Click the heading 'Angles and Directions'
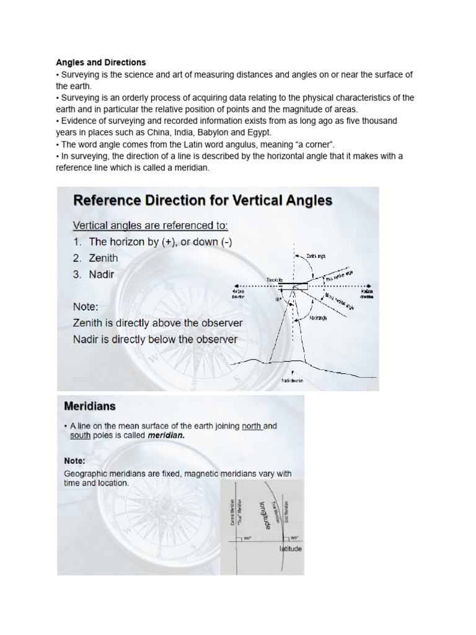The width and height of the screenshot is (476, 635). (x=101, y=63)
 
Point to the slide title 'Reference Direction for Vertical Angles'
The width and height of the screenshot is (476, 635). (x=203, y=201)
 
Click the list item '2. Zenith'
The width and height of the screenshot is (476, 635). (x=95, y=258)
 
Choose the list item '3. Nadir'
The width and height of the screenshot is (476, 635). (x=94, y=274)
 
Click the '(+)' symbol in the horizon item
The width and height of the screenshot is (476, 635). (x=169, y=242)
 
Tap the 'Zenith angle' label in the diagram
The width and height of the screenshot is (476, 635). (x=317, y=255)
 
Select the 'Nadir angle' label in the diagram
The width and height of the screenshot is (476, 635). (x=319, y=318)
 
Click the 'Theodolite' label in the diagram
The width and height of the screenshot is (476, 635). (x=276, y=280)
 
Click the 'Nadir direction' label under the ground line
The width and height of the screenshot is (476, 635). (x=292, y=381)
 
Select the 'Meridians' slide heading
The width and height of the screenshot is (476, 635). (x=90, y=407)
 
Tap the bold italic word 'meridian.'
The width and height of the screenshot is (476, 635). (x=166, y=436)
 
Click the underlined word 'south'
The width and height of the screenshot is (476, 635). (x=80, y=436)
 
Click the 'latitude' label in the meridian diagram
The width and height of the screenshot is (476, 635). (x=290, y=549)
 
